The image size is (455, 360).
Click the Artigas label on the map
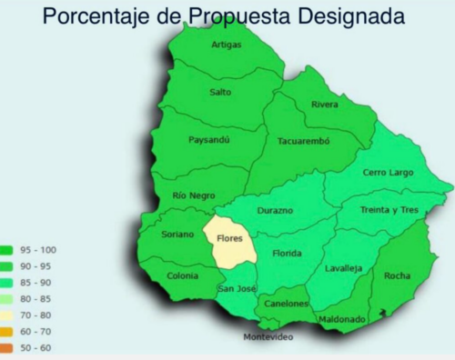point(227,45)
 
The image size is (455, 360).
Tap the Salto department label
point(220,92)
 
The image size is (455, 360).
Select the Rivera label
point(325,105)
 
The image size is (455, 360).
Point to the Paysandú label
point(209,140)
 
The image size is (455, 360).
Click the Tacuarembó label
point(303,141)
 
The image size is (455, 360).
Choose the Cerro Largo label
point(389,172)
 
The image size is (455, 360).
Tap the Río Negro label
point(193,195)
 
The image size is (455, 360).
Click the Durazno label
point(275,210)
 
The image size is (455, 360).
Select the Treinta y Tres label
point(389,209)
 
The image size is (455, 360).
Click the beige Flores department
point(228,240)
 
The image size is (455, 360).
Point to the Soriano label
point(177,234)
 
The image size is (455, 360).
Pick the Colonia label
point(183,275)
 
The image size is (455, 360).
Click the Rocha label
point(397,275)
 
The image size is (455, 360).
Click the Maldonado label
point(342,319)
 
